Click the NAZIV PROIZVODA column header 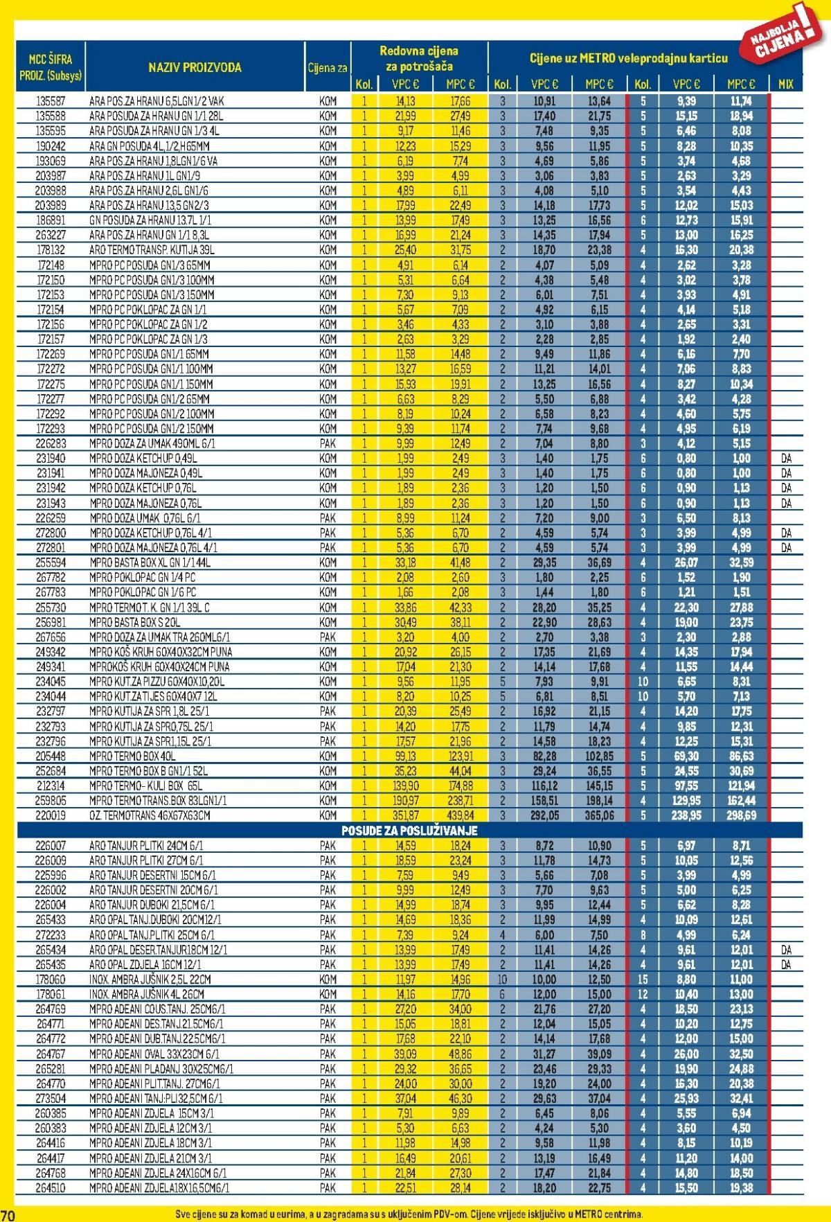coord(195,67)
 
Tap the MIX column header coord(785,85)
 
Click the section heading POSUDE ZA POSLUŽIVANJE coord(409,830)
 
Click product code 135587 coord(51,101)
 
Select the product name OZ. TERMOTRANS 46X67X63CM coord(150,815)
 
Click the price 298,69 coord(740,815)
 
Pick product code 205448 coord(51,756)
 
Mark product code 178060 coord(51,979)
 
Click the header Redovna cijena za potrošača coord(418,59)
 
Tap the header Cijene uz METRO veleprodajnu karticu coord(628,59)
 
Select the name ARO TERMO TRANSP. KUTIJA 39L coord(152,250)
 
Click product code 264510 coord(51,1187)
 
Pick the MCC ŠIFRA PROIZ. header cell coord(51,67)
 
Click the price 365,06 coord(599,815)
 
